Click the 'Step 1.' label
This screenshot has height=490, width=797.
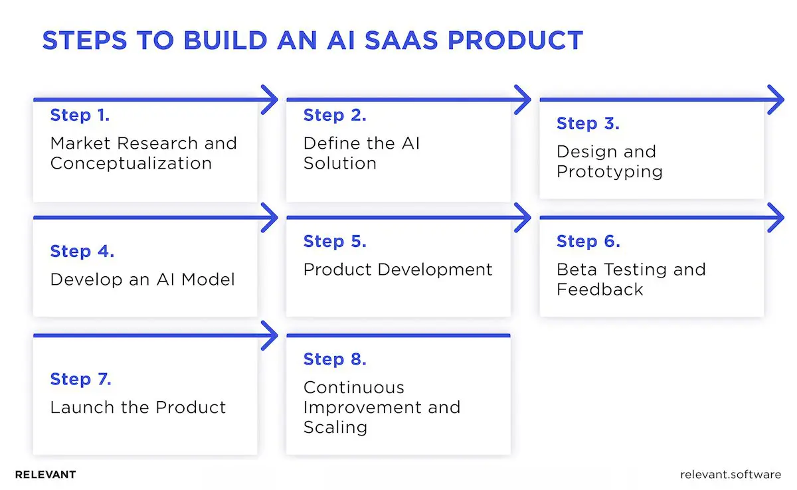(x=80, y=116)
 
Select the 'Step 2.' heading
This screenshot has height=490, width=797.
(x=335, y=116)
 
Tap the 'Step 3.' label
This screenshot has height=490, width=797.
(x=588, y=123)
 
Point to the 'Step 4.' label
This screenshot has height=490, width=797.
(x=82, y=252)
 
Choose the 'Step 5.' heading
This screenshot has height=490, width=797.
(x=335, y=242)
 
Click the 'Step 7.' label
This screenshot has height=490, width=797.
(x=81, y=379)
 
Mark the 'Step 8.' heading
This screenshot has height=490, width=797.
(x=335, y=359)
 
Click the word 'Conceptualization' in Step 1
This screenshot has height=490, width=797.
(x=131, y=163)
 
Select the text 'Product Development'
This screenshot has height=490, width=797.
(x=398, y=270)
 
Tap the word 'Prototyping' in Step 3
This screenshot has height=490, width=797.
(x=609, y=171)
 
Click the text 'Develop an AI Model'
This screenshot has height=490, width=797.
(x=143, y=280)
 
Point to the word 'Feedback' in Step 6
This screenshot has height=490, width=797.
(x=600, y=289)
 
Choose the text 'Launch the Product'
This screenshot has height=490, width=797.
(x=138, y=407)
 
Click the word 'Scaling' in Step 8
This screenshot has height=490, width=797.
(x=335, y=427)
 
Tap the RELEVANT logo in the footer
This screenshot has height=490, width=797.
(x=45, y=475)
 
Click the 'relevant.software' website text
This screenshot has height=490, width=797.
(x=731, y=475)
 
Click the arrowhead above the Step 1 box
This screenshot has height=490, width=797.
(x=270, y=100)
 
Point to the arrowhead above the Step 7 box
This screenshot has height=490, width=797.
(x=270, y=335)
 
